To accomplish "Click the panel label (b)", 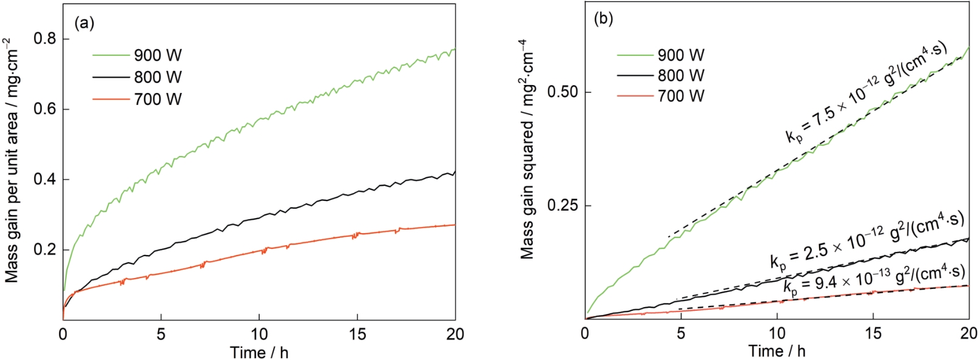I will [x=603, y=19].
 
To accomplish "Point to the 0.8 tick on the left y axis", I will [x=45, y=39].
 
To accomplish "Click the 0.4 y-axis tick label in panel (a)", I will [x=45, y=180].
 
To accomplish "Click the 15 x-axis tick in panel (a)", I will [x=357, y=334].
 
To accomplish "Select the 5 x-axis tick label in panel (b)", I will [x=681, y=333].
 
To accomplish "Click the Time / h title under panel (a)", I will [x=259, y=352].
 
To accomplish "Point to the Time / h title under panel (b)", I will [x=777, y=350].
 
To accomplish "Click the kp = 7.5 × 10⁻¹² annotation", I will [x=866, y=93].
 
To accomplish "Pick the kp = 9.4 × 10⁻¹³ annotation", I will [x=874, y=279].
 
